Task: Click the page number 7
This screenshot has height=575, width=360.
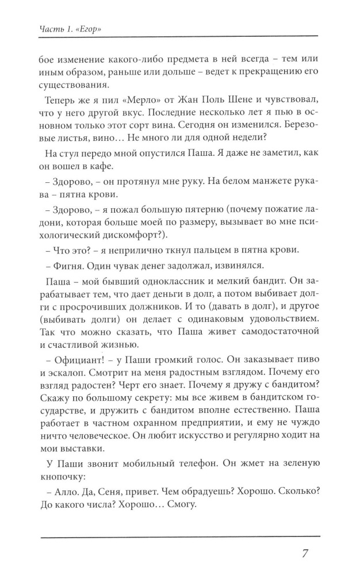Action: point(306,555)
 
